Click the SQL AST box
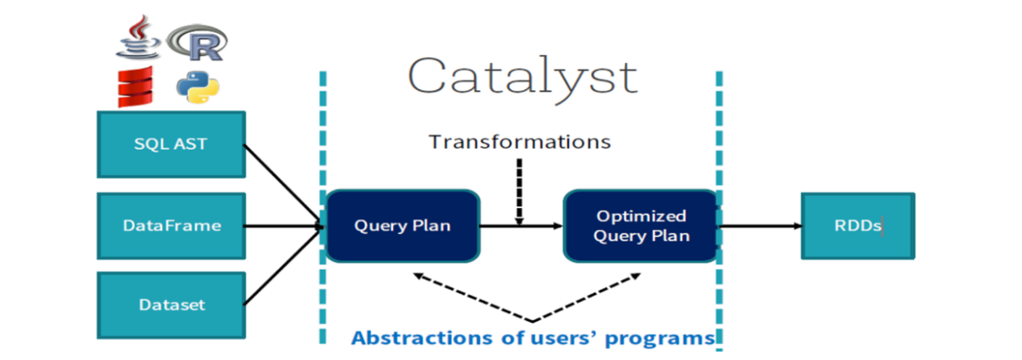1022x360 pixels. click(171, 145)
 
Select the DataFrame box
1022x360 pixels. click(171, 226)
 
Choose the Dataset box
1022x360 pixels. click(171, 304)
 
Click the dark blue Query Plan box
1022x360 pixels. click(402, 226)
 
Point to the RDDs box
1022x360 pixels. click(857, 226)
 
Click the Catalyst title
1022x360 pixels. click(522, 76)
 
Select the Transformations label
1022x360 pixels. click(519, 141)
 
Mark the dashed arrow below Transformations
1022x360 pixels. click(519, 190)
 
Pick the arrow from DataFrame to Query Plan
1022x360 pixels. click(283, 226)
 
